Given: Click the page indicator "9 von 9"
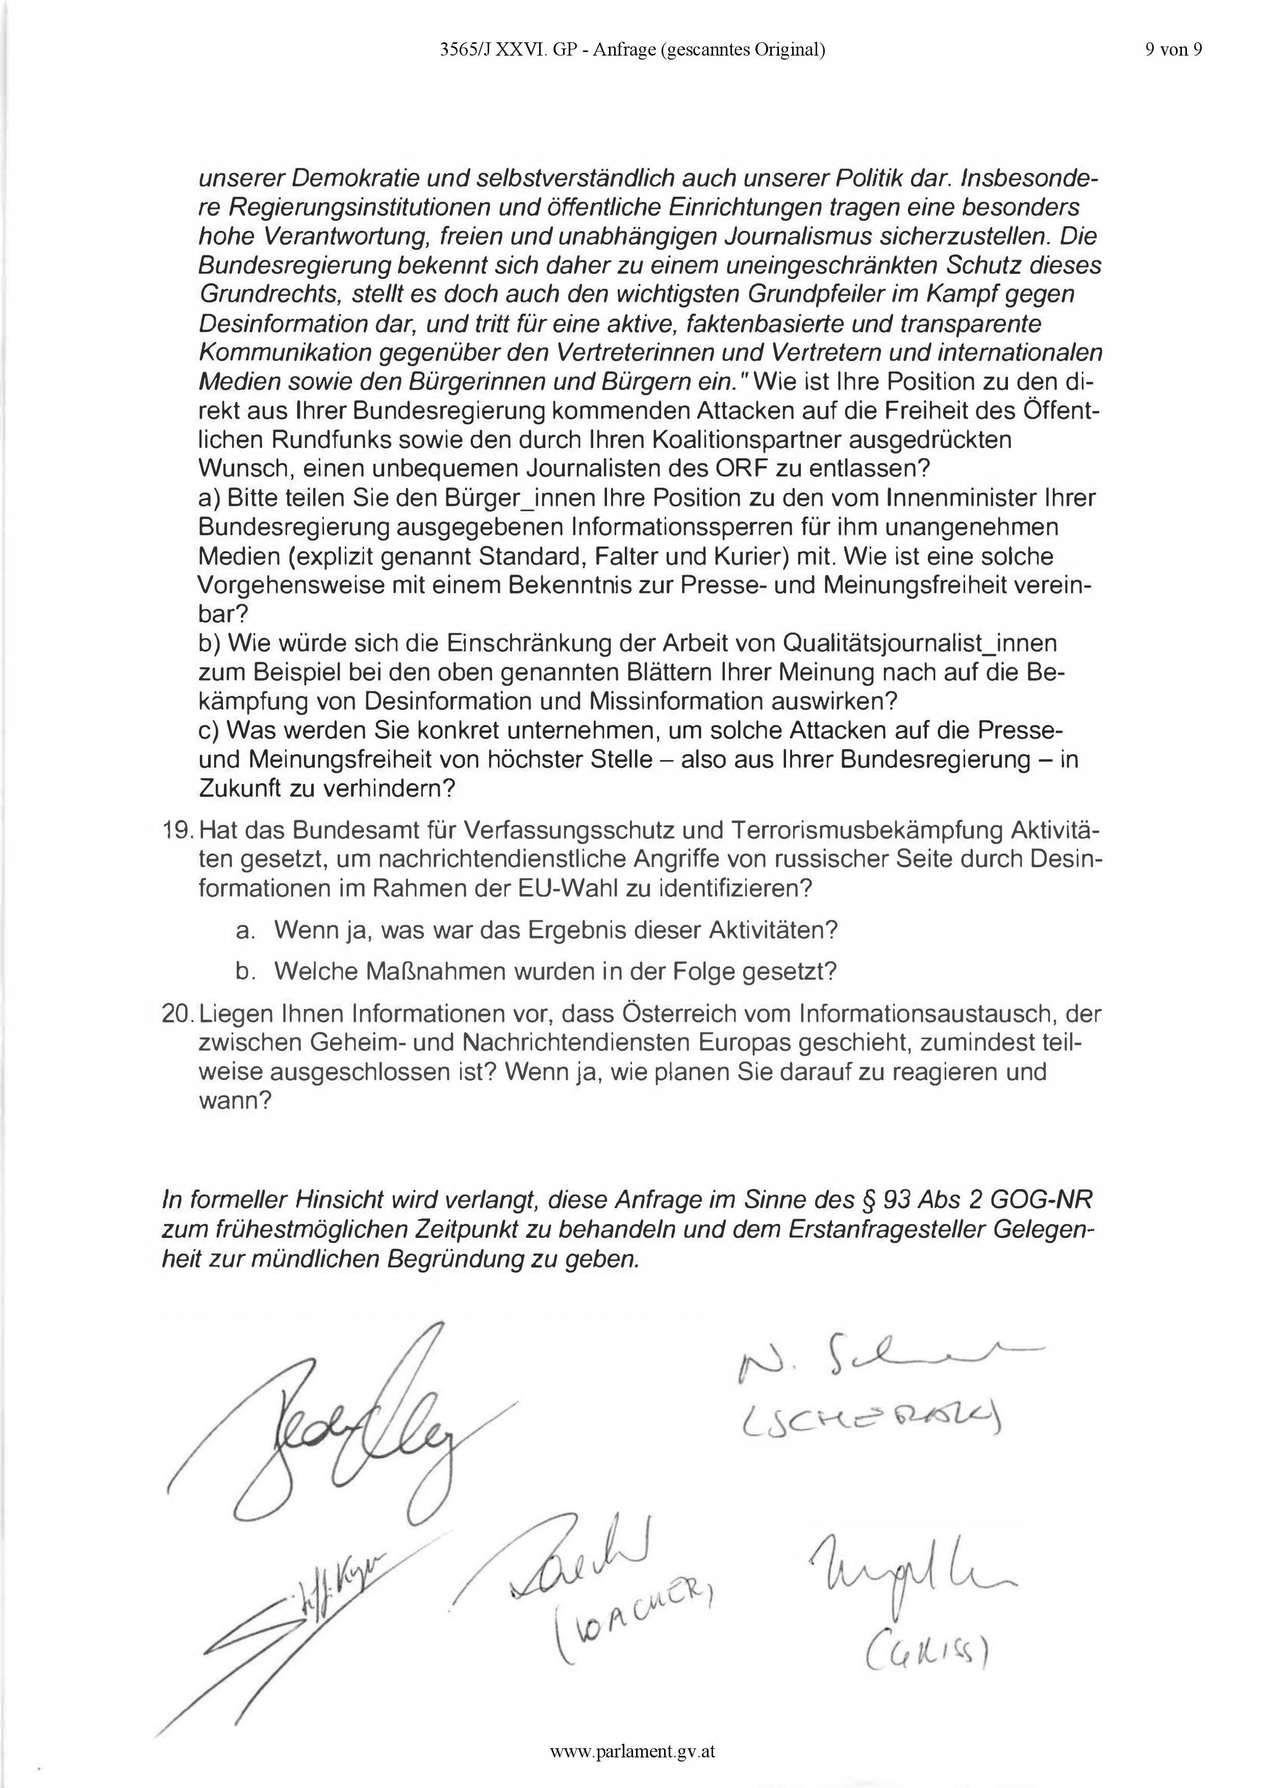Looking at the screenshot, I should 1174,50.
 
